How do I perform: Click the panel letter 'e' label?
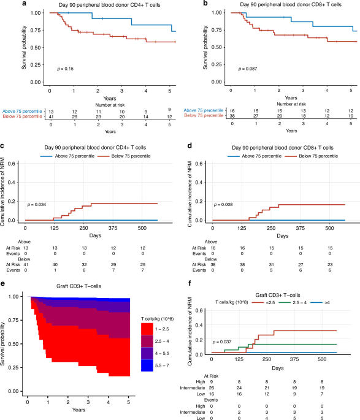[4, 284]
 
